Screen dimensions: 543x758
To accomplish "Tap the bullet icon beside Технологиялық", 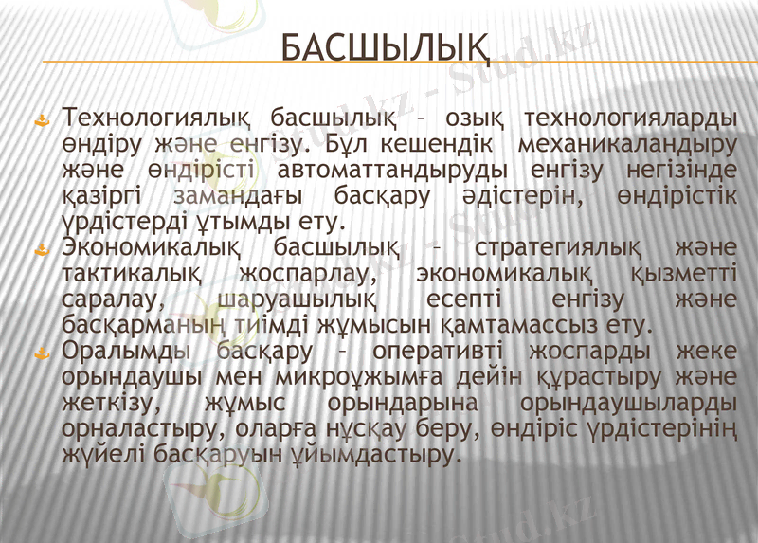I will (41, 120).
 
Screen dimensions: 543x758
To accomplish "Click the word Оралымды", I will (125, 353).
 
